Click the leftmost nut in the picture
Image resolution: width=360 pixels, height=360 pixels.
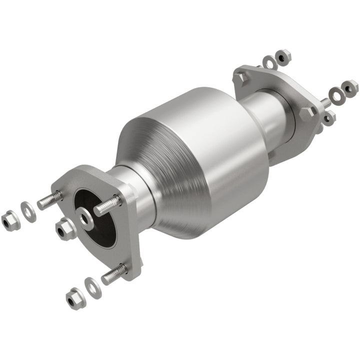[x=8, y=221]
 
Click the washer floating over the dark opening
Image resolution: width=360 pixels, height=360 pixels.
[x=86, y=219]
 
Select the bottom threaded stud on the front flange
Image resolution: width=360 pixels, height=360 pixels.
[x=114, y=274]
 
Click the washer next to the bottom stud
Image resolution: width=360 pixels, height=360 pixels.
[x=93, y=287]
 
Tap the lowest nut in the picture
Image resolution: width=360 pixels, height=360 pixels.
[x=75, y=298]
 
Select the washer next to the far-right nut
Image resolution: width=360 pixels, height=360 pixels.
[x=337, y=93]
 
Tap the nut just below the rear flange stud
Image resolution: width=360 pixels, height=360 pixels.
[x=328, y=118]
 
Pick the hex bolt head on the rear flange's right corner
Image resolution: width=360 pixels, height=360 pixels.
[x=306, y=113]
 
